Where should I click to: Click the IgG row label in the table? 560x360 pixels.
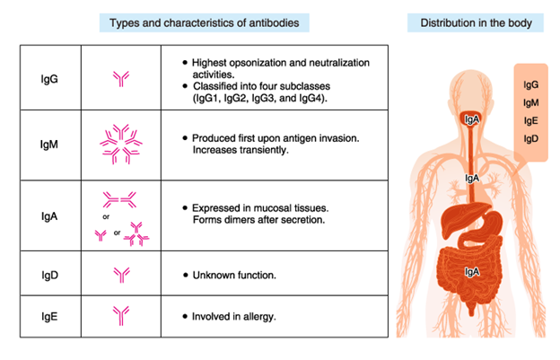click(x=49, y=79)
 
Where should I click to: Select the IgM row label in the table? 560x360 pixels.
click(x=49, y=145)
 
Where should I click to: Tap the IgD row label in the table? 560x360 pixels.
click(x=49, y=275)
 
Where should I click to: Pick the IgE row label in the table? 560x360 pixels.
click(x=49, y=316)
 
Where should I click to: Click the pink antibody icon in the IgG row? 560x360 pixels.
click(x=121, y=79)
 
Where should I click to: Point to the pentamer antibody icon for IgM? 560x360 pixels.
click(x=121, y=145)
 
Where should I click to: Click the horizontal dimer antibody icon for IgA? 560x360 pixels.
click(x=119, y=199)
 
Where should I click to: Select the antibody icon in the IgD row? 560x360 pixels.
click(x=121, y=275)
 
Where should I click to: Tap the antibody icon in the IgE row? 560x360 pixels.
click(x=121, y=316)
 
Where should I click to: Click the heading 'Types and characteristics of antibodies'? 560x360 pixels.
click(x=205, y=22)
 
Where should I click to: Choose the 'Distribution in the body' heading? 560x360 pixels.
click(x=476, y=22)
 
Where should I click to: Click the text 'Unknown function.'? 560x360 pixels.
click(x=234, y=275)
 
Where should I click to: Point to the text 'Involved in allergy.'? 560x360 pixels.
click(x=234, y=316)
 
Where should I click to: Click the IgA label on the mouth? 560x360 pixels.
click(x=472, y=119)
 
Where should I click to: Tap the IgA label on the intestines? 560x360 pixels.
click(x=472, y=272)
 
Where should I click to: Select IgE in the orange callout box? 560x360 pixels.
click(x=530, y=120)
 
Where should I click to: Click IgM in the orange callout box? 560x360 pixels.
click(x=530, y=103)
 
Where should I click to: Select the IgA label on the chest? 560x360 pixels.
click(x=472, y=178)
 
